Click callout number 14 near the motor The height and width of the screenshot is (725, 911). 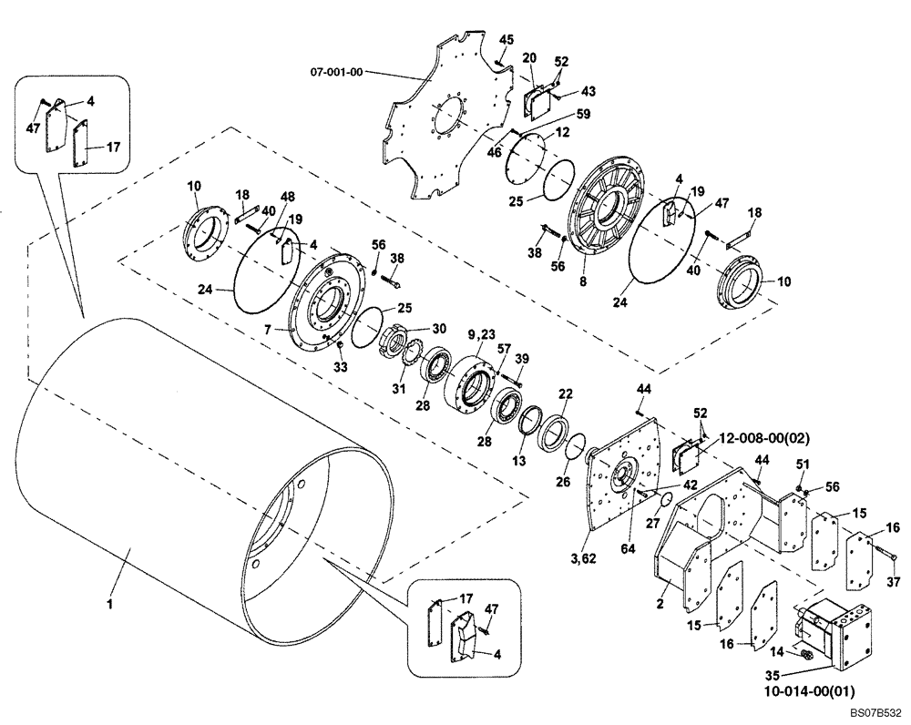(x=778, y=652)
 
